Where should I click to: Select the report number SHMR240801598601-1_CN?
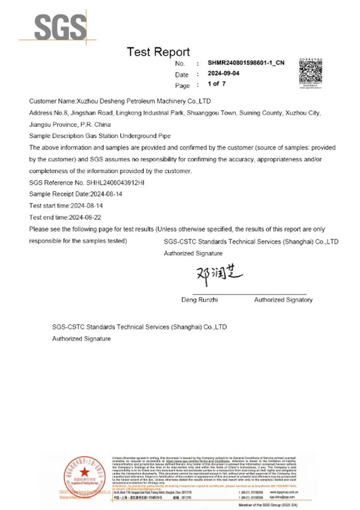246,63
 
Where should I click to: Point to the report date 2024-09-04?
223,74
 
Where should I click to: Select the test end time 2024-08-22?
87,217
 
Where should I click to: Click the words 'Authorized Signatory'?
283,299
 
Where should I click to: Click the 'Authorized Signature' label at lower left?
81,339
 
